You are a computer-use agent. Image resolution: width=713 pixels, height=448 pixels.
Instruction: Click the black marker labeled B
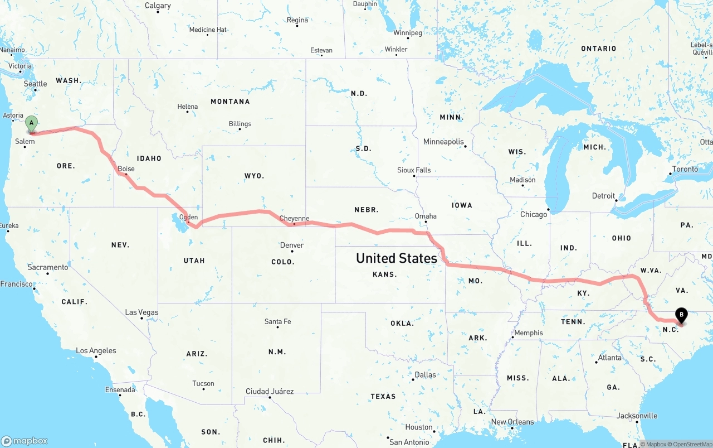click(x=681, y=315)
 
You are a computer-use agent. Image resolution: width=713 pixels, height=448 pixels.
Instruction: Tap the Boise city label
click(x=126, y=168)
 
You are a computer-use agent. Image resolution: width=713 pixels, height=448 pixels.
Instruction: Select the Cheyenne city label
click(x=294, y=218)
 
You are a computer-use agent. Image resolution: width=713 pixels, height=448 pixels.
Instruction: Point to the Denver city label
click(x=292, y=245)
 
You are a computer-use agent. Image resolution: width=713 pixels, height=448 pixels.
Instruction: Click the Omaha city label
click(x=426, y=216)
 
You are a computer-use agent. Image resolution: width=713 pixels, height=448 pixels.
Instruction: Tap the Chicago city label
click(x=534, y=214)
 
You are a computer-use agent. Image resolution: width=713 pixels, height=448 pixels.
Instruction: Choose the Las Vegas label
click(x=141, y=312)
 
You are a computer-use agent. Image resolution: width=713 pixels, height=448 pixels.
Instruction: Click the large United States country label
click(x=397, y=258)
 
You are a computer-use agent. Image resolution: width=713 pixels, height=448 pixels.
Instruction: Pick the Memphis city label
click(x=528, y=333)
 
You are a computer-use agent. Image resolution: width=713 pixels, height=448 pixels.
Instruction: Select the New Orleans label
click(x=512, y=422)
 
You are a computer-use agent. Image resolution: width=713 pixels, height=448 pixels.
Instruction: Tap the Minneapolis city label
click(x=443, y=142)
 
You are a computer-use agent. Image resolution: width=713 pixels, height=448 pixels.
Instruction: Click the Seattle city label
click(x=36, y=84)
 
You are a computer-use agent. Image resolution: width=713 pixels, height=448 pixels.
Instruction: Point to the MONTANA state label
click(x=230, y=102)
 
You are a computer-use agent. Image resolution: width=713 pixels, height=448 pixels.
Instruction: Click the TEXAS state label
click(x=383, y=396)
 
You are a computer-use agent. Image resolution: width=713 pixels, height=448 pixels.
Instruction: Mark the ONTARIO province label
click(x=598, y=49)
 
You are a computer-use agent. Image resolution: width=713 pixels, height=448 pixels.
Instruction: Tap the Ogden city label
click(x=189, y=217)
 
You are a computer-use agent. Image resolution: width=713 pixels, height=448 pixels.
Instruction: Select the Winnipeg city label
click(x=408, y=33)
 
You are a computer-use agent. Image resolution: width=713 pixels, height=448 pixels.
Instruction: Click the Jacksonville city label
click(x=637, y=416)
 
